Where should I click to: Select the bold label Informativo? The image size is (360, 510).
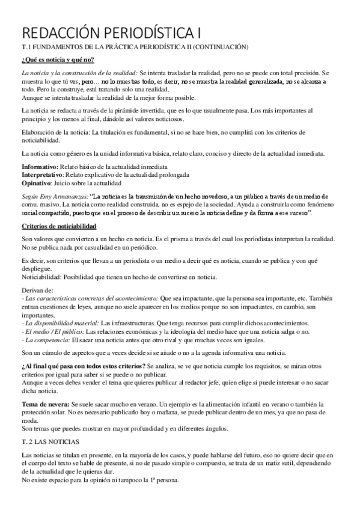tap(38, 165)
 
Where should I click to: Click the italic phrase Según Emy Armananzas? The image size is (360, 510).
tap(55, 196)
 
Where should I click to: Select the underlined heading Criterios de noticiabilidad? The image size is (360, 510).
tap(58, 225)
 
